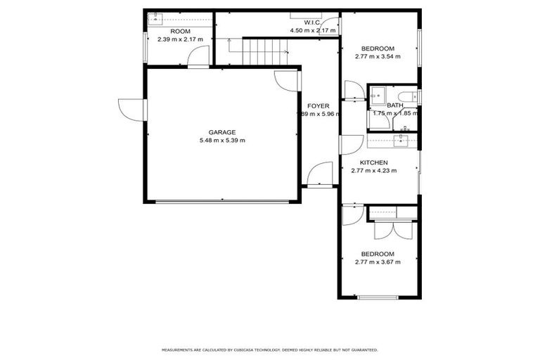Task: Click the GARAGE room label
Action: coord(221,132)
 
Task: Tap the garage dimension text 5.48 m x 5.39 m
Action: coord(221,141)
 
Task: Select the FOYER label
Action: coord(318,106)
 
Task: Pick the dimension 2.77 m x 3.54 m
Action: coord(378,57)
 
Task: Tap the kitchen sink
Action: coord(401,140)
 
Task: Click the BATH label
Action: coord(394,105)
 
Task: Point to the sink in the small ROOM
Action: coord(155,19)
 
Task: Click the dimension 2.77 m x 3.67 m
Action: coord(378,262)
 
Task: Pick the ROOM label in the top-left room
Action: coord(180,32)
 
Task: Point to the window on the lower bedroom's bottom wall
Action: coord(378,297)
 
